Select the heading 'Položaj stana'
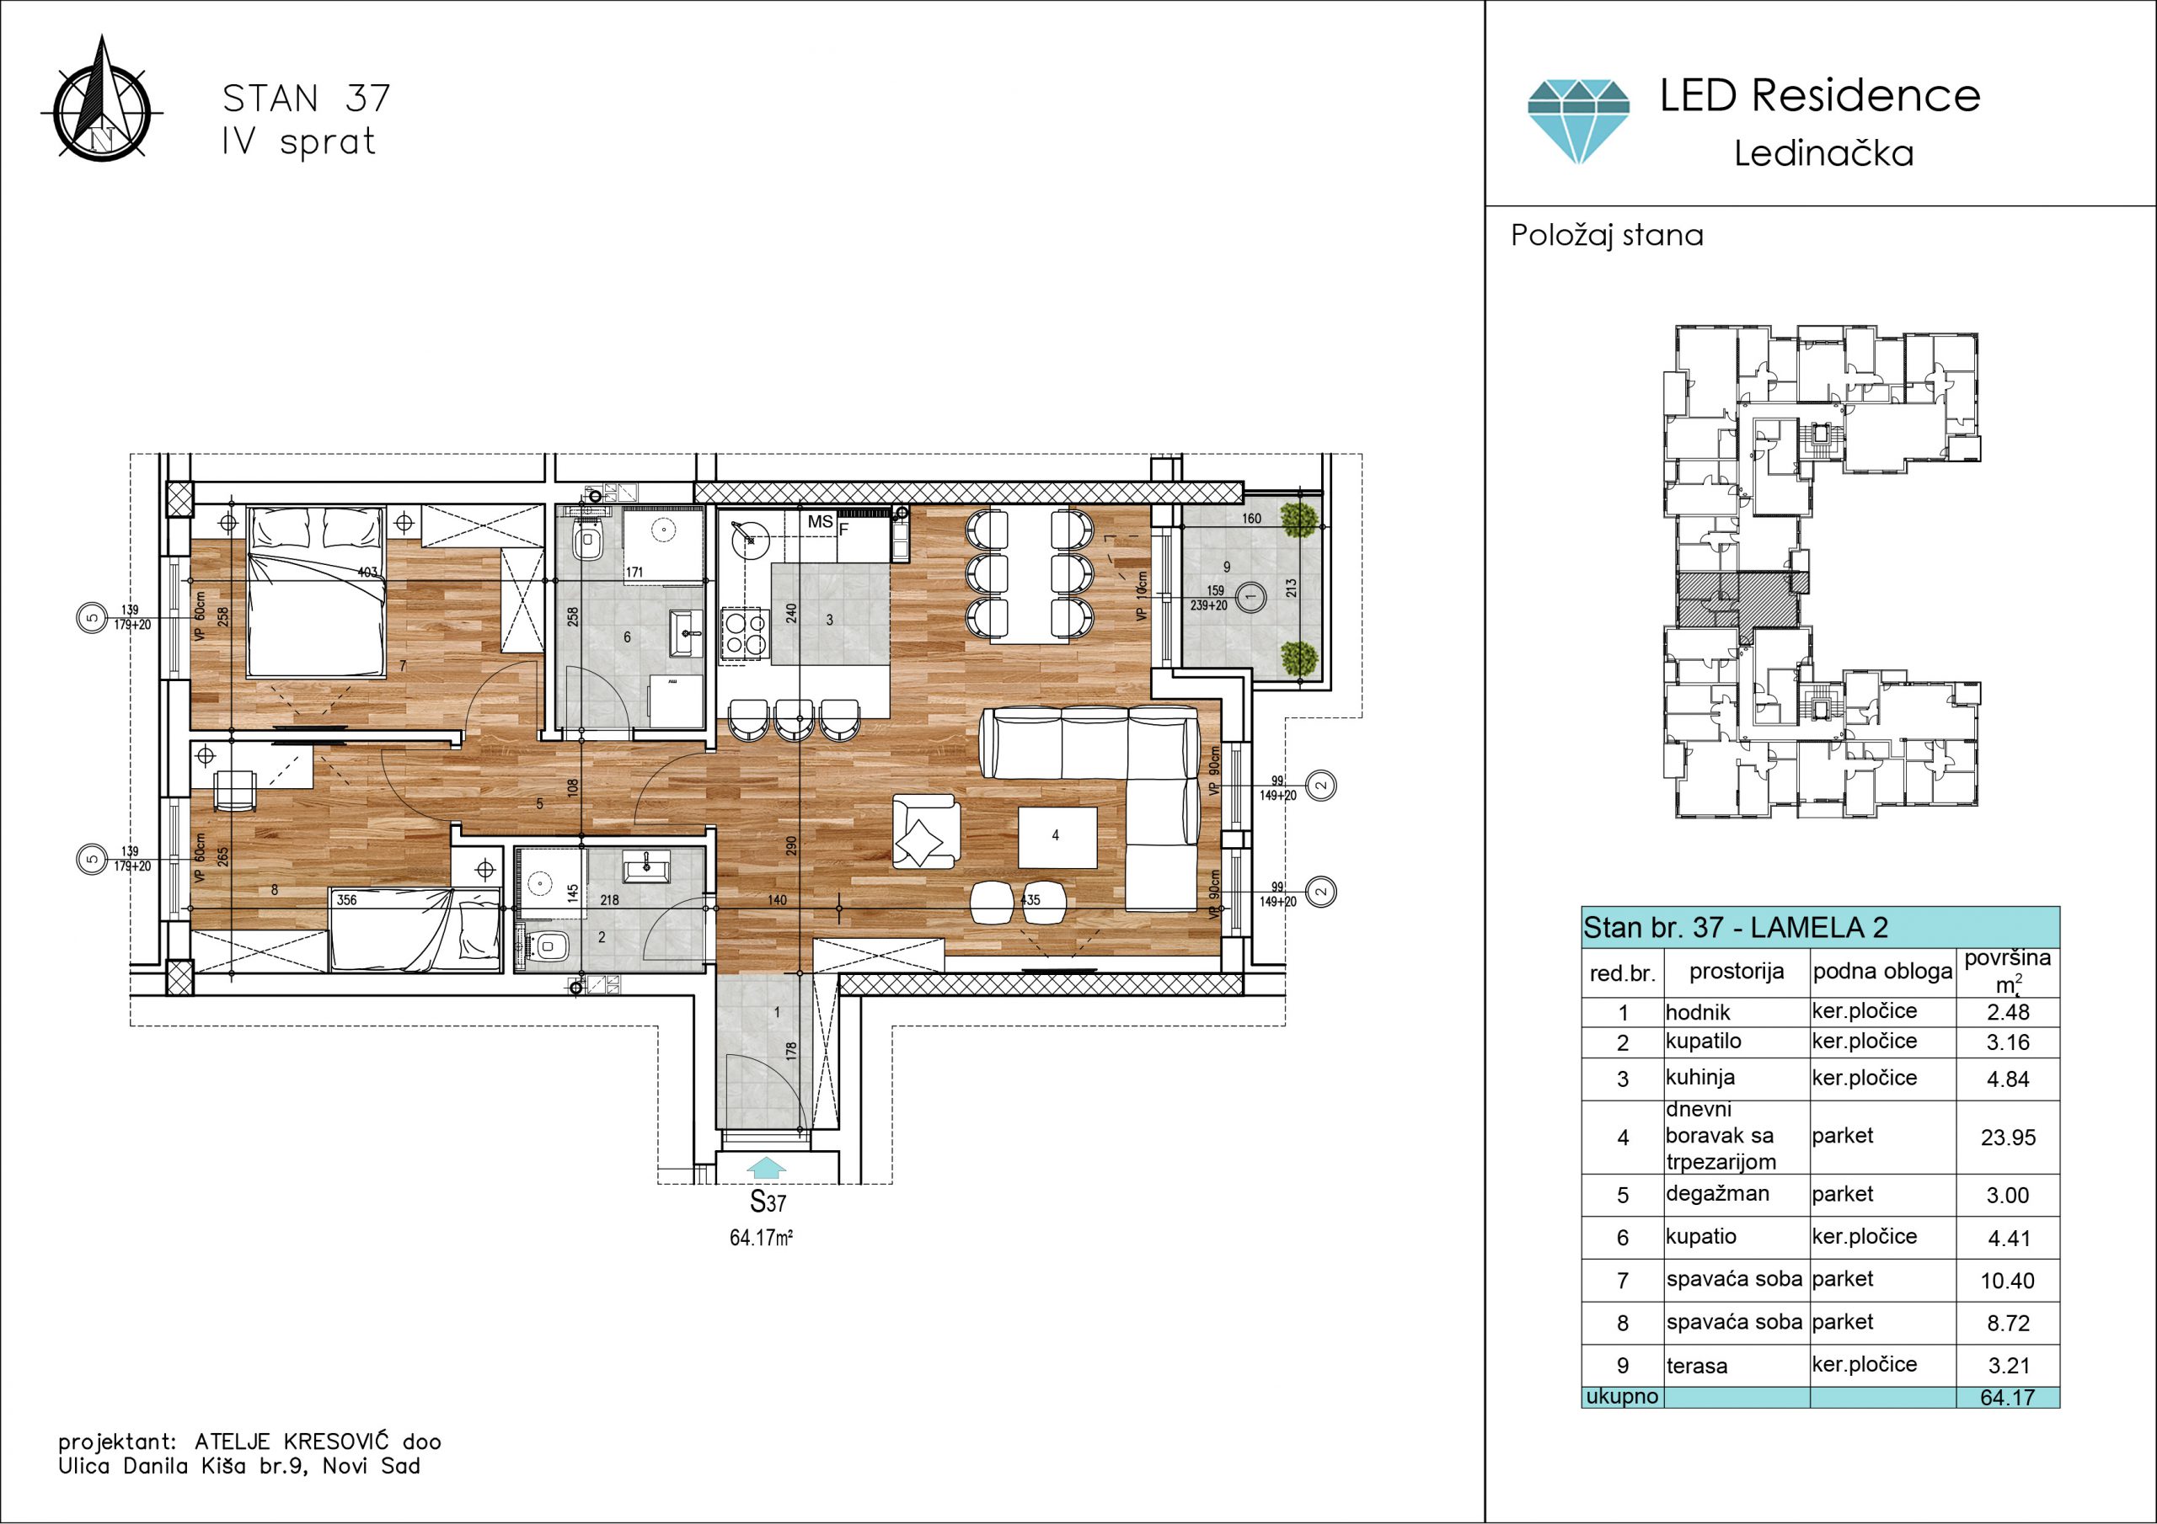(x=1607, y=235)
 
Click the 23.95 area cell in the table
(x=2008, y=1138)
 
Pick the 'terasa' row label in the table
(x=1696, y=1367)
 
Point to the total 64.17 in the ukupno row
(x=2007, y=1397)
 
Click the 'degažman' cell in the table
(x=1717, y=1195)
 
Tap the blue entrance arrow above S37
(x=768, y=1167)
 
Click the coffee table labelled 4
(x=1057, y=837)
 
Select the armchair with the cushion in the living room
(x=925, y=832)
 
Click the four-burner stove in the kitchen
(x=745, y=636)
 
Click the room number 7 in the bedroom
(x=403, y=667)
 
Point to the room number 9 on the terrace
(x=1226, y=566)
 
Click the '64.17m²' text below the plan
(x=761, y=1238)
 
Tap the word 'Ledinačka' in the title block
(x=1823, y=153)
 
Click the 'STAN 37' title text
(x=306, y=99)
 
